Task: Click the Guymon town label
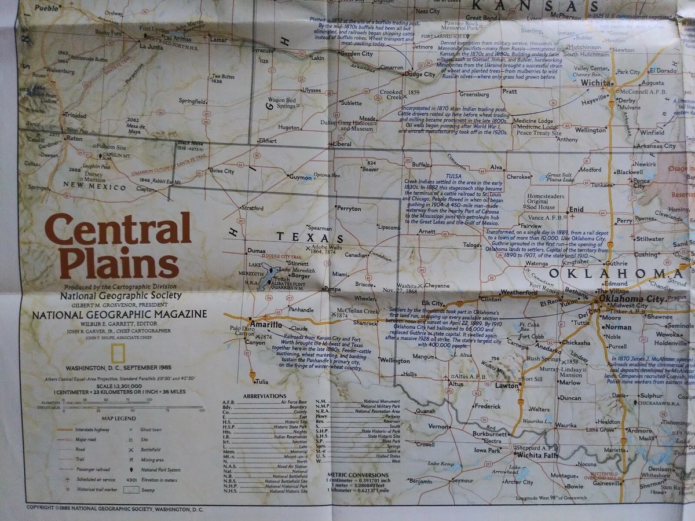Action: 301,177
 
